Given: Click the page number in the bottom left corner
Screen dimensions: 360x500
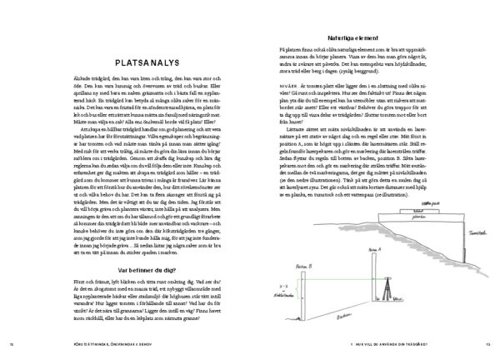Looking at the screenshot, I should click(x=12, y=346).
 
